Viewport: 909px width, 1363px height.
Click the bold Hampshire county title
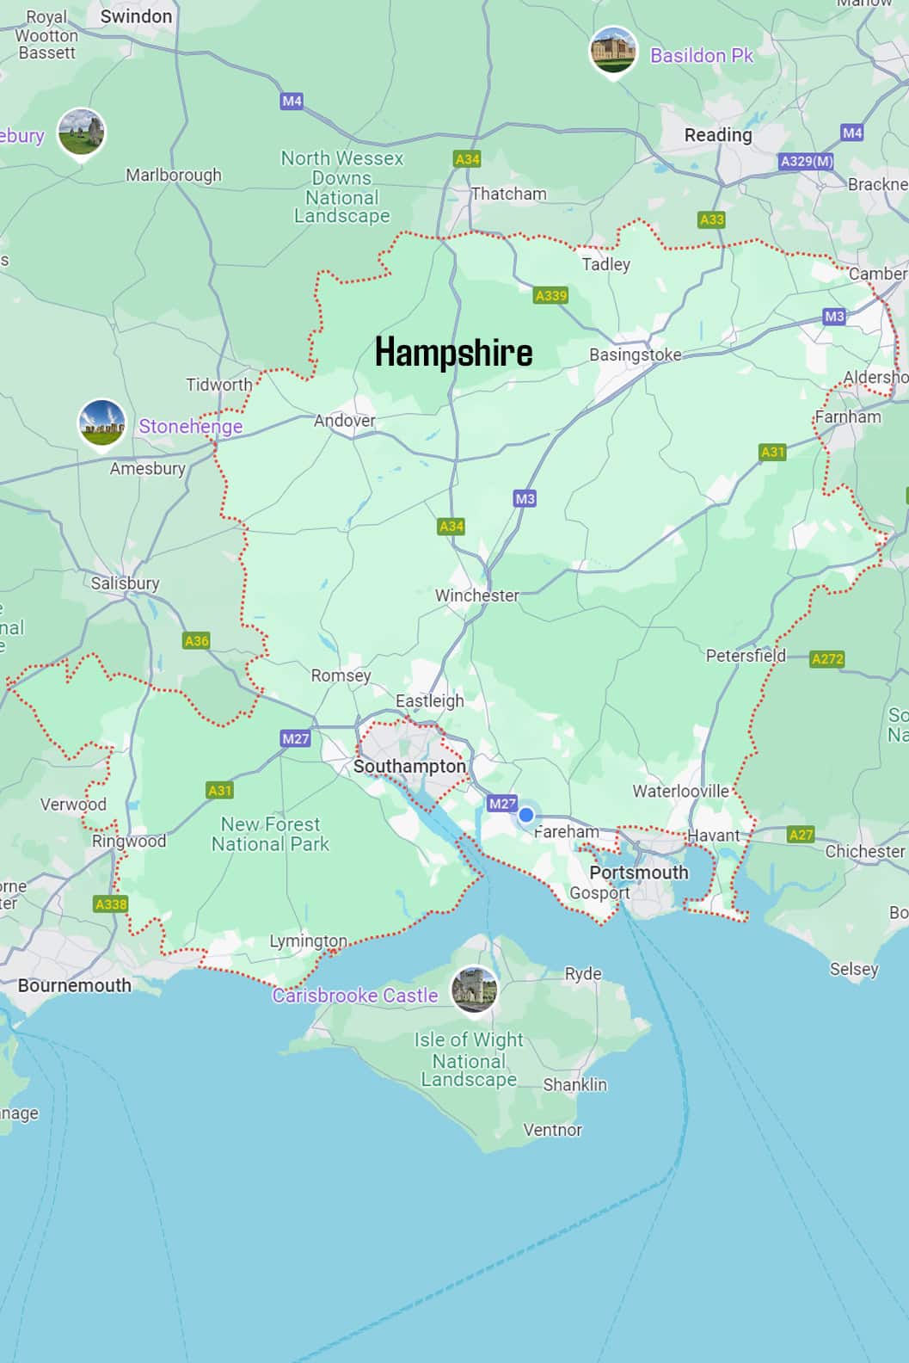tap(453, 353)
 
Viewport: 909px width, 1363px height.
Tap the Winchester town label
tap(476, 595)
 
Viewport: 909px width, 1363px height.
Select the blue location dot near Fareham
tap(526, 815)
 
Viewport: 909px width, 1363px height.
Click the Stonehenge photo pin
tap(101, 422)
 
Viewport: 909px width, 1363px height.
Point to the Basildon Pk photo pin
tap(613, 50)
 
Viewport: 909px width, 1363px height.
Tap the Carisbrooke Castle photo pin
tap(475, 988)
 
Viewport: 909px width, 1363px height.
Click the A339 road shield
tap(550, 296)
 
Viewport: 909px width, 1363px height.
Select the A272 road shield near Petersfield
tap(827, 659)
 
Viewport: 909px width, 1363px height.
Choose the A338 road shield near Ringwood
tap(111, 904)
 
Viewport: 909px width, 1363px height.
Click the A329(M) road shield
tap(807, 161)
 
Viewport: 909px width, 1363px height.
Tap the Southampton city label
tap(409, 766)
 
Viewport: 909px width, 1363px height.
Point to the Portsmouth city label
tap(639, 873)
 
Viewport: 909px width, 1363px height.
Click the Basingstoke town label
tap(635, 355)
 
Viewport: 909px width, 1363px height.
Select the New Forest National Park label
tap(270, 834)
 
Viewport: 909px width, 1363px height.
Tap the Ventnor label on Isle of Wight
tap(552, 1130)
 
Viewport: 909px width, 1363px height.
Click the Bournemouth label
tap(74, 985)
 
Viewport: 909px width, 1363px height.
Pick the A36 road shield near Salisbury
tap(196, 641)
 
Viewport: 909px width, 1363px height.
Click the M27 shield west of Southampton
tap(295, 738)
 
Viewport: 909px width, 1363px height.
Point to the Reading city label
tap(718, 135)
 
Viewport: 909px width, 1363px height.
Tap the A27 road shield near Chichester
tap(801, 835)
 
